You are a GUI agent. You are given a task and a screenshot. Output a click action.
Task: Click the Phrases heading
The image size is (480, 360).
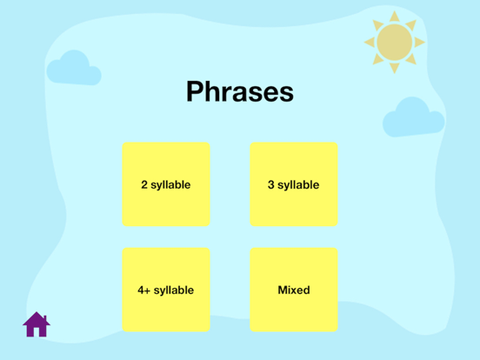pos(239,92)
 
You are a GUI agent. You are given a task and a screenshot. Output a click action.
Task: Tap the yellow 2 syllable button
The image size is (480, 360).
pos(166,184)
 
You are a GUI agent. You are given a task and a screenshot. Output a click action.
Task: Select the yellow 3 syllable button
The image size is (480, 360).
pos(294,184)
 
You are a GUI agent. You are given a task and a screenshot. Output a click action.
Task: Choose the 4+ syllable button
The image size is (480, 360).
pos(166,290)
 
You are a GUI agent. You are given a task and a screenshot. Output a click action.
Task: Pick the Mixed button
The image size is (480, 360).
pos(294,290)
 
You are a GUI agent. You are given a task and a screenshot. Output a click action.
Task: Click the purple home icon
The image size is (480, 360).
pos(36,324)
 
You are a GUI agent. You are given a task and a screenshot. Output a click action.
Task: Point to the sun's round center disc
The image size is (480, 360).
pos(395,41)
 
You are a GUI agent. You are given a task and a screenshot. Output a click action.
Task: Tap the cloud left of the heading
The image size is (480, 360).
pos(73,68)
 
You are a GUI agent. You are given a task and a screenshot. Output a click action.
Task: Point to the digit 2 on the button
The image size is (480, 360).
pos(144,185)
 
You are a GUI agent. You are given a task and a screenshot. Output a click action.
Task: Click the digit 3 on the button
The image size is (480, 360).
pos(271,185)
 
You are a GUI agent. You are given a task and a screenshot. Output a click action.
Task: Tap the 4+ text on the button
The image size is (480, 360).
pos(144,290)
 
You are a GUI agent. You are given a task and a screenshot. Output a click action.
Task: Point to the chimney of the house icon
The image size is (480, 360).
pos(44,316)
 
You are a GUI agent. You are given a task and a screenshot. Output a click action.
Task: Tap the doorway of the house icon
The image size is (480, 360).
pos(36,330)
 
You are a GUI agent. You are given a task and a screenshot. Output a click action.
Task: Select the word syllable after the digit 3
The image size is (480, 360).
pos(298,185)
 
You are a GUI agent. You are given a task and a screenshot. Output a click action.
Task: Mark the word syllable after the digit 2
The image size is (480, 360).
pos(171,185)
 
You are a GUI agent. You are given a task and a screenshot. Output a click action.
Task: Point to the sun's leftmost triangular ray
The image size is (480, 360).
pos(369,41)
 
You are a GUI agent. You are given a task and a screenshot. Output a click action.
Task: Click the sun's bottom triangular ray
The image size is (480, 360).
pos(395,67)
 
